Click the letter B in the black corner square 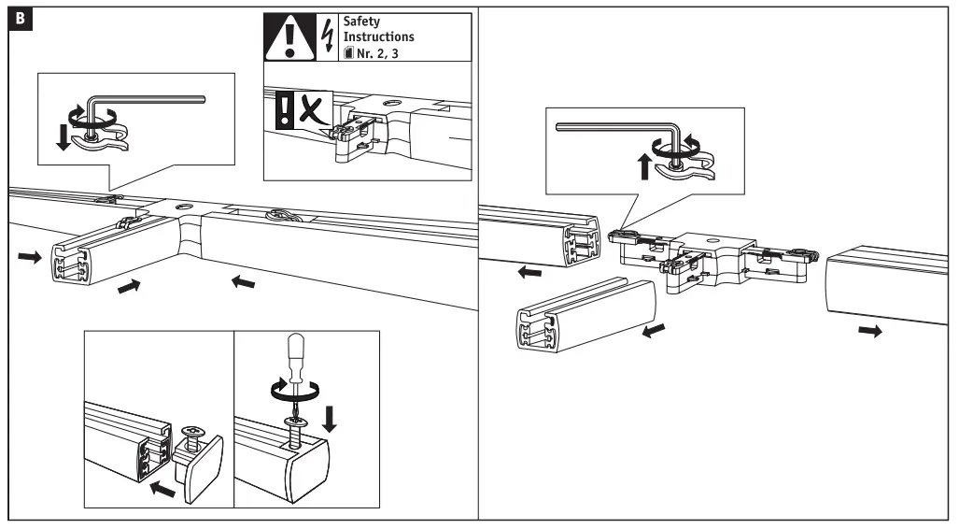[x=18, y=18]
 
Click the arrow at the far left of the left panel [x=29, y=257]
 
